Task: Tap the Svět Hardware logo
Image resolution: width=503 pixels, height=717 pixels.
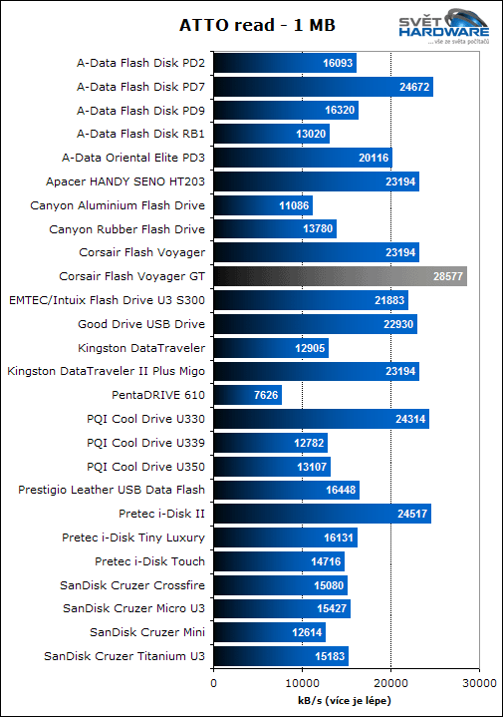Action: click(x=447, y=27)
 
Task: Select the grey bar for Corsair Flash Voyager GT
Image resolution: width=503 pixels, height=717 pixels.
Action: click(x=340, y=277)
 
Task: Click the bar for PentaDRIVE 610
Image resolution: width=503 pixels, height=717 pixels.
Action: click(x=247, y=395)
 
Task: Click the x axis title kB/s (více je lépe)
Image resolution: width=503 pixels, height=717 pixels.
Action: click(x=345, y=701)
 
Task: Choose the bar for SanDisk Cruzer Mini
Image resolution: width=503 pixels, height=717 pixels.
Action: click(x=269, y=632)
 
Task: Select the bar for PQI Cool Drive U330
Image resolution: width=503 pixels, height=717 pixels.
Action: click(x=321, y=419)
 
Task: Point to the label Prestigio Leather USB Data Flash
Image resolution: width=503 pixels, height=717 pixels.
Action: click(x=112, y=490)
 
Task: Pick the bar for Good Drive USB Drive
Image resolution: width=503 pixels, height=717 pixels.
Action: click(x=315, y=324)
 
